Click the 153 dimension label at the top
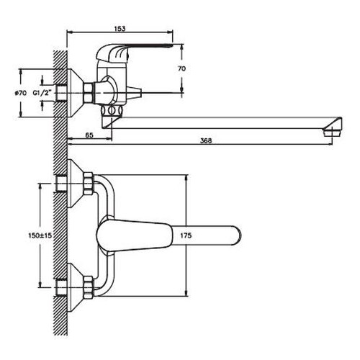coord(120,29)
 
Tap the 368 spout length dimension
coord(206,141)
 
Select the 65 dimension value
coord(89,135)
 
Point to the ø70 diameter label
coord(20,93)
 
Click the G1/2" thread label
coord(42,93)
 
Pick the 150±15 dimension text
coord(40,235)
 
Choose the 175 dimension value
coord(186,235)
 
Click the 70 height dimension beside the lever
coord(181,68)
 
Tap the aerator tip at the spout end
coord(333,132)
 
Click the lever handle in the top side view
coord(135,48)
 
